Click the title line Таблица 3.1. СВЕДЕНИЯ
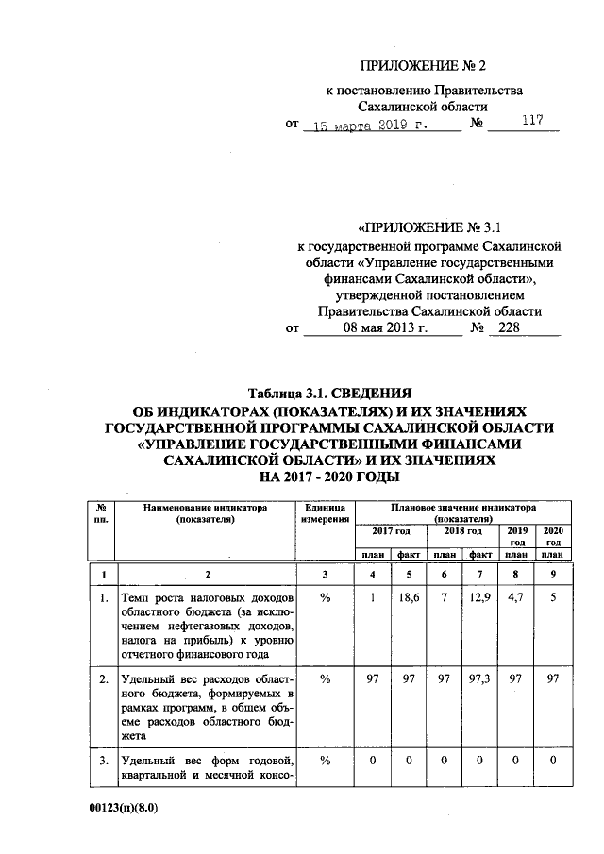329,393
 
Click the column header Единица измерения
327,512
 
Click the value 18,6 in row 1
409,598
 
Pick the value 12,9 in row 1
479,598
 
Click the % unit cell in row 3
327,762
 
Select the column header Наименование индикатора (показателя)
205,512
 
